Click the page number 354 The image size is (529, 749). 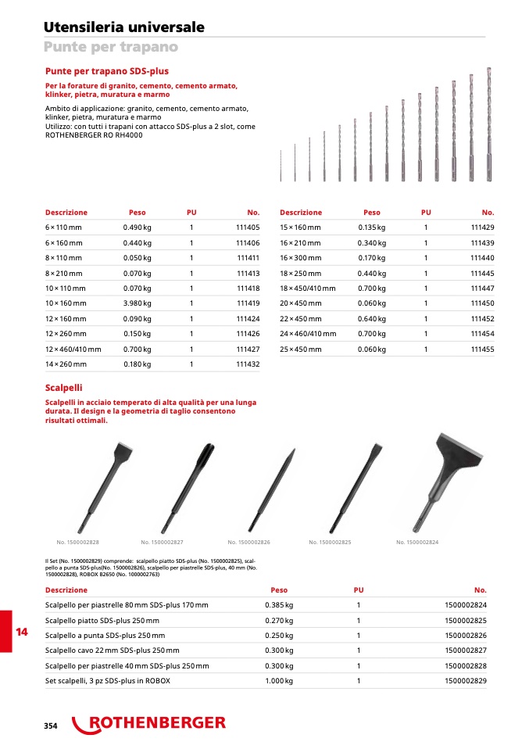(x=51, y=726)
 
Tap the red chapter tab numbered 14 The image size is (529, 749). (x=21, y=632)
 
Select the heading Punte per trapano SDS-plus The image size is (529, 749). (x=106, y=71)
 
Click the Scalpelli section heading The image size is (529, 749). (x=63, y=388)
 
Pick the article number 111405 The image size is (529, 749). (x=247, y=227)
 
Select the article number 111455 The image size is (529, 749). (x=482, y=349)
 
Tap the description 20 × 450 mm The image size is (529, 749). (x=300, y=303)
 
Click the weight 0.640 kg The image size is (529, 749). (x=371, y=318)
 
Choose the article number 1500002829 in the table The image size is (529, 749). (x=464, y=681)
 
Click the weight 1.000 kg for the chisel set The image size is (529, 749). (x=279, y=681)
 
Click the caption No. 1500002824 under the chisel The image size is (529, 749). (x=417, y=543)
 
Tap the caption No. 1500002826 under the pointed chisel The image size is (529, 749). (x=248, y=543)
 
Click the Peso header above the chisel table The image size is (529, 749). (x=279, y=590)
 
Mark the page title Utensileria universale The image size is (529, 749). (x=124, y=27)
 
